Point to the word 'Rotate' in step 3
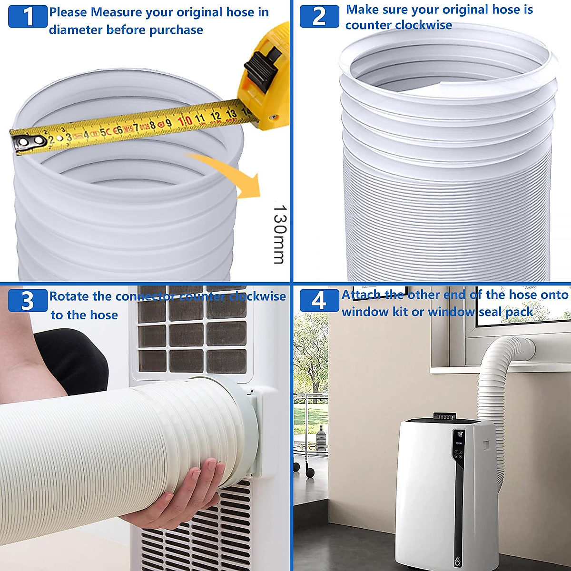coord(69,296)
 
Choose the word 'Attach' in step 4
coord(361,295)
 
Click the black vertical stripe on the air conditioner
coord(459,514)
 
